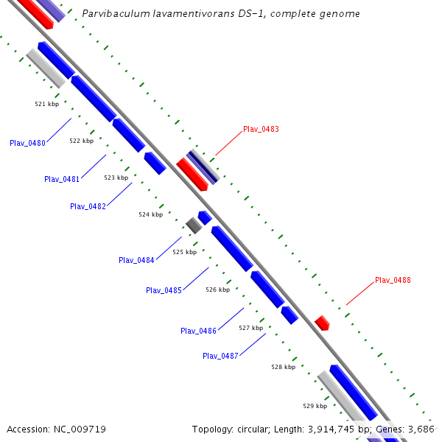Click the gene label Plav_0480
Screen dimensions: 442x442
[x=28, y=143]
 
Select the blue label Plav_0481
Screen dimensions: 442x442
[x=62, y=179]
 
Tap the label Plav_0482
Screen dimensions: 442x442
[x=88, y=206]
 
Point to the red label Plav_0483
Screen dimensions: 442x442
[x=261, y=129]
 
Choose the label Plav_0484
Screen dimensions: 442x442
[x=136, y=260]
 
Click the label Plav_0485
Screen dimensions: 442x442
[x=164, y=290]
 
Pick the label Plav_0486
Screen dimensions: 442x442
[x=198, y=331]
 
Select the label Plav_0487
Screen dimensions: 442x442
[x=220, y=356]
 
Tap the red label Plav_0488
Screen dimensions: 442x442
[x=393, y=280]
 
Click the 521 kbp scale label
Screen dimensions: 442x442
[x=46, y=104]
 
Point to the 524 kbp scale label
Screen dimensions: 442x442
[x=150, y=214]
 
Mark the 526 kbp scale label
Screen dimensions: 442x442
[x=217, y=290]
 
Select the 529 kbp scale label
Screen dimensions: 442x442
[x=315, y=406]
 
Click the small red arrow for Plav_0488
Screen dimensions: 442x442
[x=322, y=323]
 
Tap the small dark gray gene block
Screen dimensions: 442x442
[x=193, y=225]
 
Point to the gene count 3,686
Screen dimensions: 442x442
[x=422, y=429]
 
